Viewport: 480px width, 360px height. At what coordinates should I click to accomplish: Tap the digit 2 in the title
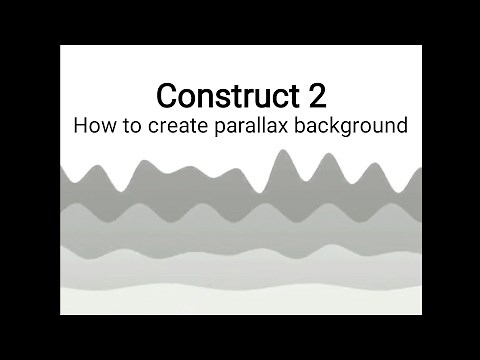(312, 97)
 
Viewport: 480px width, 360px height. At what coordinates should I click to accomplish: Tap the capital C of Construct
(167, 97)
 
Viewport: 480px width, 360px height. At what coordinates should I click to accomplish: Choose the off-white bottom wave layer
(240, 300)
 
